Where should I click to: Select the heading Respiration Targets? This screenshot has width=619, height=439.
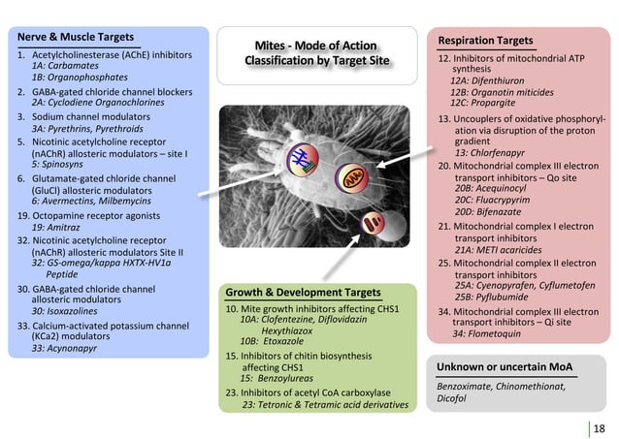(x=485, y=41)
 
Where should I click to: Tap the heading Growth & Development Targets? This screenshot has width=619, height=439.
(x=302, y=292)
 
